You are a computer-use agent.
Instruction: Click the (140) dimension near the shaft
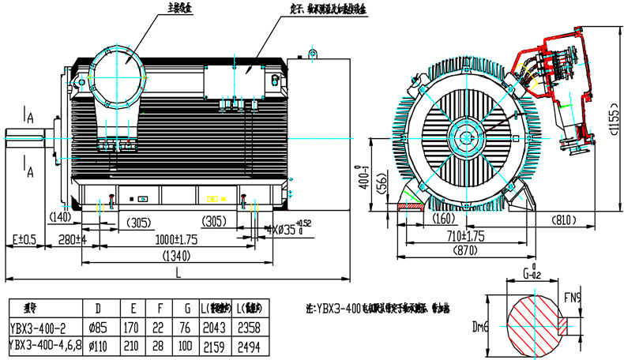tap(60, 216)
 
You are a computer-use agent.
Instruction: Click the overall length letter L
tap(178, 272)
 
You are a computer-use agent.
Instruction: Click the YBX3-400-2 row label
tap(39, 328)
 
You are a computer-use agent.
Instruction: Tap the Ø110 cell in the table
tap(97, 345)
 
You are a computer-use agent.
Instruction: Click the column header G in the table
tap(186, 309)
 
